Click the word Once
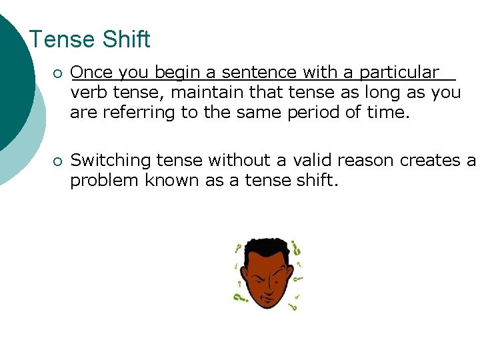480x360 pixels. click(91, 73)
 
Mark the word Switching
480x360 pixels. click(111, 161)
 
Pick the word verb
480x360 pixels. click(86, 93)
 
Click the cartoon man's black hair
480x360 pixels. click(267, 248)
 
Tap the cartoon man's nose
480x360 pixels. click(269, 283)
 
